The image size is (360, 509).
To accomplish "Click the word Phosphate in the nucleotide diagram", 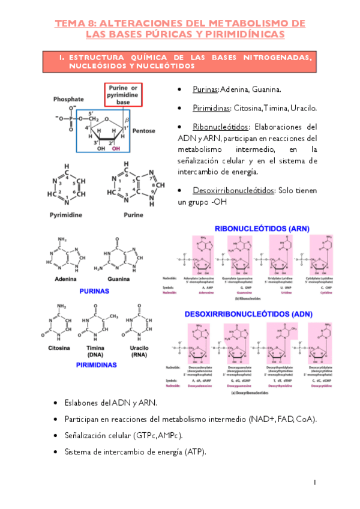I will pyautogui.click(x=68, y=98).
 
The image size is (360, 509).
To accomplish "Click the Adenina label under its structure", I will pyautogui.click(x=67, y=280).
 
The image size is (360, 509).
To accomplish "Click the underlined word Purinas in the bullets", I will pyautogui.click(x=205, y=89).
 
